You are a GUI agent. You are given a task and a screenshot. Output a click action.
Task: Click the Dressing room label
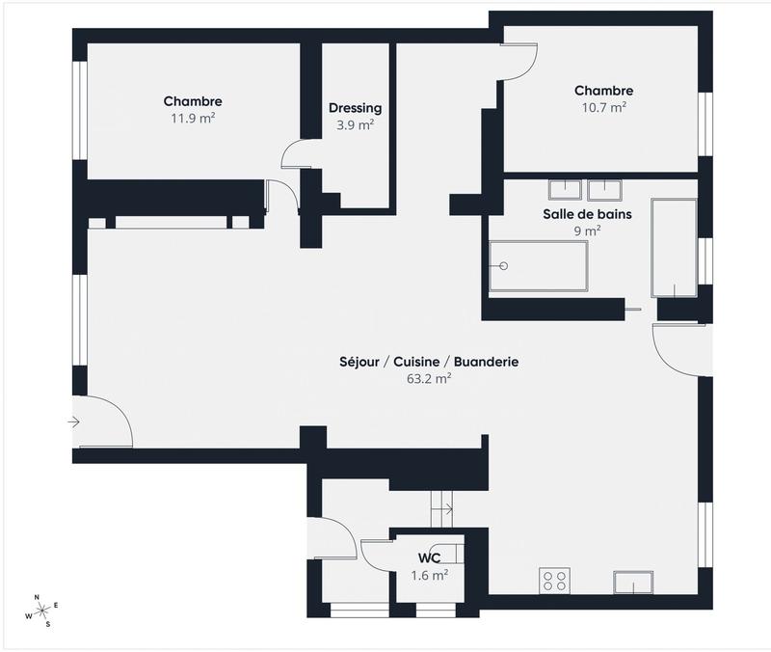click(x=355, y=108)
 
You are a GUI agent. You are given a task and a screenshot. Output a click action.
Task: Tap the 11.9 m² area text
click(x=193, y=119)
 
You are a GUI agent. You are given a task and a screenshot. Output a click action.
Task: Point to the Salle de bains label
click(x=586, y=214)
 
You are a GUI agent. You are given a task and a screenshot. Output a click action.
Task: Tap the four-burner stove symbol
click(x=555, y=580)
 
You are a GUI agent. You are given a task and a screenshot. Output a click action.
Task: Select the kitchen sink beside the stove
click(x=633, y=583)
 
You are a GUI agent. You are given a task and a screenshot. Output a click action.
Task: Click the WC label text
click(x=430, y=558)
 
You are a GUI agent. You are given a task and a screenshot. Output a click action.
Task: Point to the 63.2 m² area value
click(x=430, y=379)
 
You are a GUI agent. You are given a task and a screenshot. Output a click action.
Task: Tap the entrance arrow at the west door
click(x=74, y=421)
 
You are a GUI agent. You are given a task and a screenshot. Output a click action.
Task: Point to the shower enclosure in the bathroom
click(x=673, y=248)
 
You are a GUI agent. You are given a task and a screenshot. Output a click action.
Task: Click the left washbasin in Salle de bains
click(x=563, y=188)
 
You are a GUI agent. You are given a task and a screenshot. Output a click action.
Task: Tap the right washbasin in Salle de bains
click(x=603, y=188)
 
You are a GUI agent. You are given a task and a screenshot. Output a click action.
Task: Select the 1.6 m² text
click(x=430, y=576)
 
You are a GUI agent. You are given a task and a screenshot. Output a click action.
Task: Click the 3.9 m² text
click(x=355, y=125)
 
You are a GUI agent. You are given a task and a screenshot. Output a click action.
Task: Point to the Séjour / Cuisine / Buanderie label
click(x=430, y=362)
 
